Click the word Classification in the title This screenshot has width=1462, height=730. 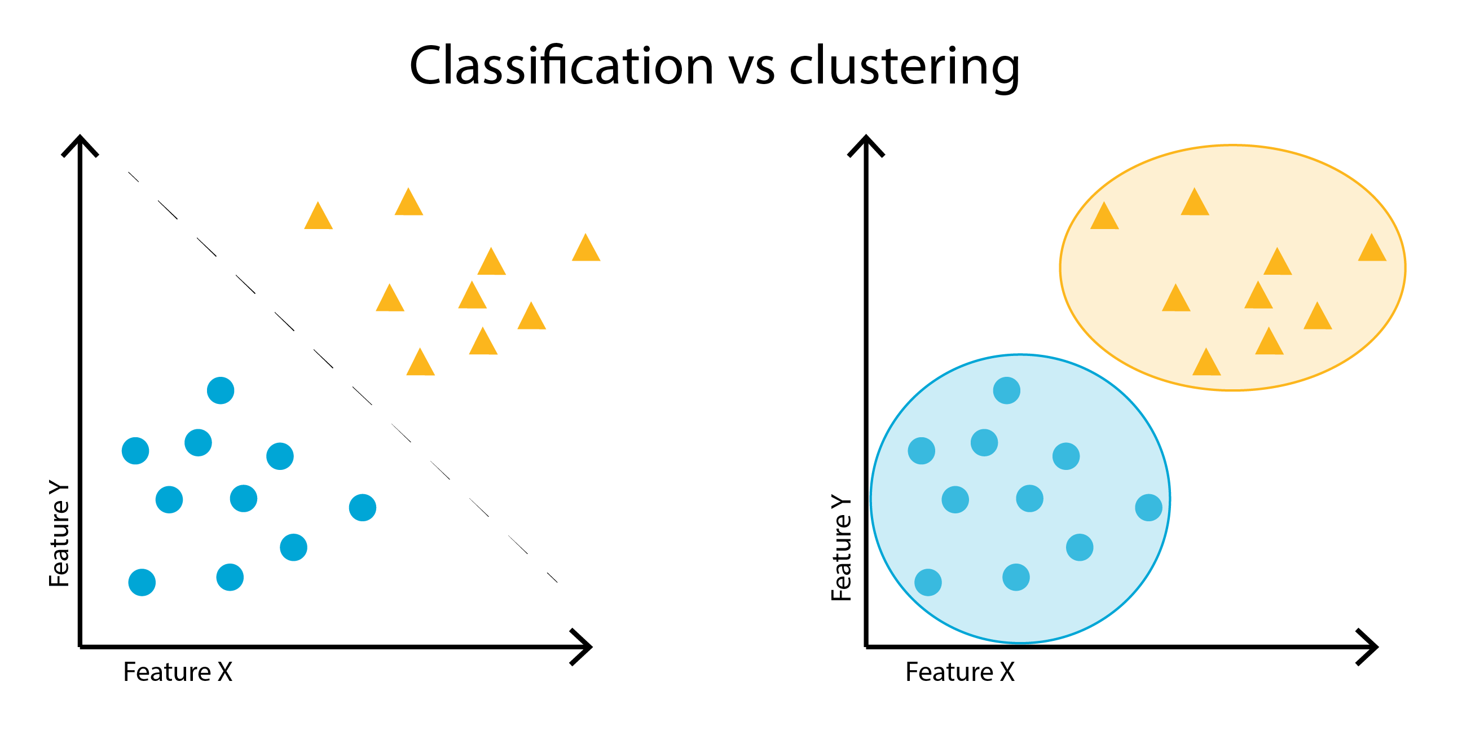pyautogui.click(x=561, y=67)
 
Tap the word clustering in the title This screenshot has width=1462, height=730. pyautogui.click(x=904, y=67)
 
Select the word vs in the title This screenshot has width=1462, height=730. pyautogui.click(x=751, y=68)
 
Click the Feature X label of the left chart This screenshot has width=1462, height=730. pyautogui.click(x=178, y=672)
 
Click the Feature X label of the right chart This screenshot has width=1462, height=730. pyautogui.click(x=960, y=672)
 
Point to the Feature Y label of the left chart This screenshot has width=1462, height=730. pyautogui.click(x=59, y=534)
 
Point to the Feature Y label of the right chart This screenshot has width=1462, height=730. pyautogui.click(x=841, y=548)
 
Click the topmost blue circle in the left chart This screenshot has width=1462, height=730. pyautogui.click(x=221, y=390)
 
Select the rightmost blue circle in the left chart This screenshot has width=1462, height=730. pyautogui.click(x=363, y=508)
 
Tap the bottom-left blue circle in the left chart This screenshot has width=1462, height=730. pyautogui.click(x=142, y=582)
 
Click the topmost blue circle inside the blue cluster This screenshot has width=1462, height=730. pyautogui.click(x=1007, y=390)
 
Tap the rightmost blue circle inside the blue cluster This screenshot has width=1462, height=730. pyautogui.click(x=1149, y=508)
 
